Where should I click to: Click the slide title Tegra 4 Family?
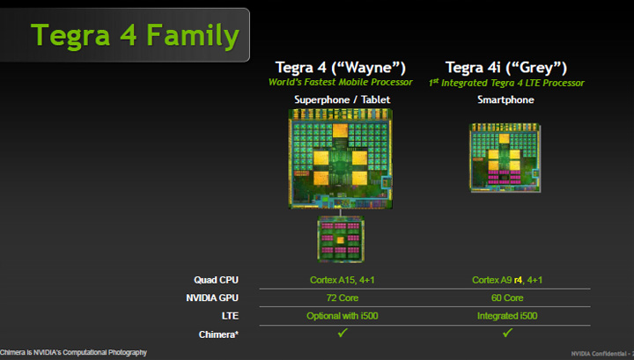[135, 35]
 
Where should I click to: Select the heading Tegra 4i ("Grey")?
[508, 68]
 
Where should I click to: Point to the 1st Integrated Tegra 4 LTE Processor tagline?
[508, 83]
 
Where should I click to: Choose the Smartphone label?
[508, 100]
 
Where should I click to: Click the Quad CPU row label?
[216, 280]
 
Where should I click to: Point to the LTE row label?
[227, 315]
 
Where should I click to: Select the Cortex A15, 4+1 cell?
[342, 280]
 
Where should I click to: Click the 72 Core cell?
[342, 298]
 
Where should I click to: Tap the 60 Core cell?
[508, 298]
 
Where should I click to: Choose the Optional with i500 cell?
[342, 315]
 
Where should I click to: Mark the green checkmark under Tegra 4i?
[508, 333]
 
